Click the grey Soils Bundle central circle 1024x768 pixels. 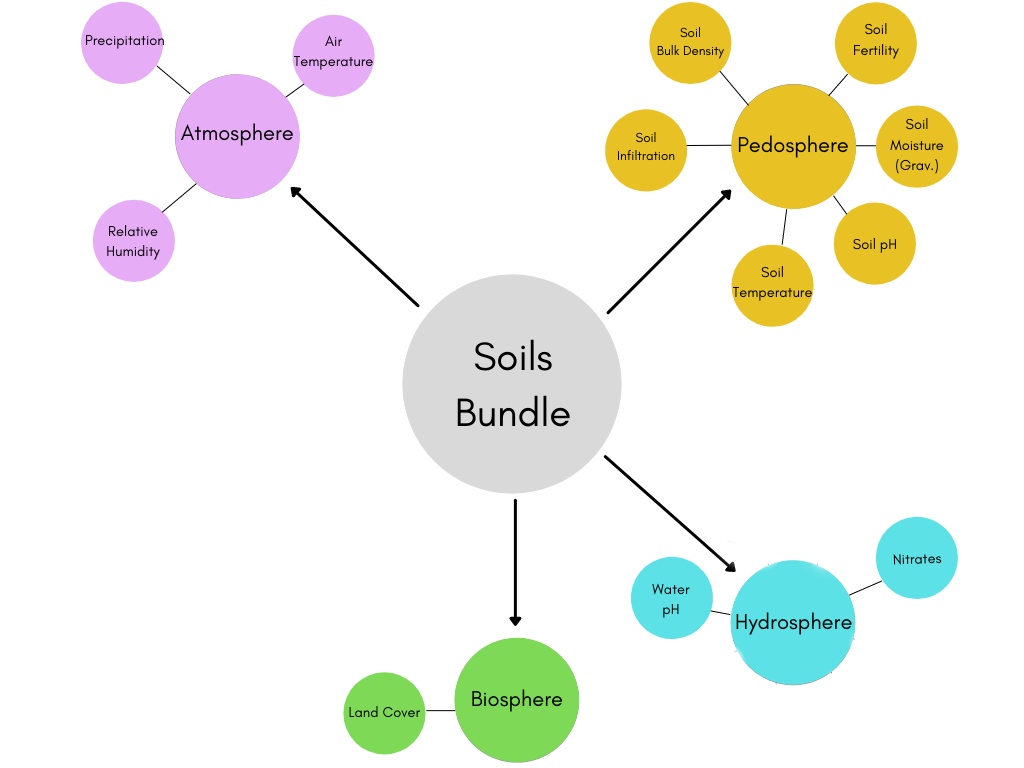click(512, 384)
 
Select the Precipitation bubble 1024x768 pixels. click(122, 42)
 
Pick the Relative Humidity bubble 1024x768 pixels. click(133, 241)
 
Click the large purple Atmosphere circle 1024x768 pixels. click(237, 136)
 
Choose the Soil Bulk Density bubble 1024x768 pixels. click(690, 43)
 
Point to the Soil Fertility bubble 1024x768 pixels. click(876, 41)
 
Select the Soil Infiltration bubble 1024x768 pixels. click(646, 148)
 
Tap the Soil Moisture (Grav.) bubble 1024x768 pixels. click(917, 146)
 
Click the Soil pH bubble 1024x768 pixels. click(875, 244)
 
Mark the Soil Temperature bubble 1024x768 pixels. click(772, 284)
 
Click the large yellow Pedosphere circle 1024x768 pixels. click(792, 146)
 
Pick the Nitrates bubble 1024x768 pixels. click(917, 558)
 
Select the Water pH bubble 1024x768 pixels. click(671, 598)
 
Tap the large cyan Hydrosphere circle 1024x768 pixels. click(793, 622)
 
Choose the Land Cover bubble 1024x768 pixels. click(385, 713)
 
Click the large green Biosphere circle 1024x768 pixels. click(517, 700)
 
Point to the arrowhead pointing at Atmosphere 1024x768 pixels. click(296, 192)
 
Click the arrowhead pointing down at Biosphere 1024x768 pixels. click(516, 619)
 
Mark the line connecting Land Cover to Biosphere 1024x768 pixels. click(440, 711)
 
